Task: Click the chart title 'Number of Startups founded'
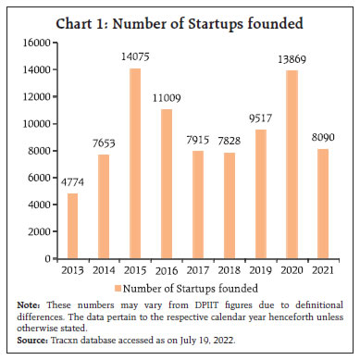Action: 180,25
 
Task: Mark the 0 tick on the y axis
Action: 43,259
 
